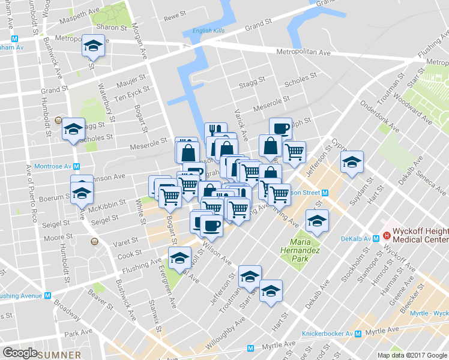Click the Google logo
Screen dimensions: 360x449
pyautogui.click(x=20, y=353)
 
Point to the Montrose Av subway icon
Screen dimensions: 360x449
pyautogui.click(x=77, y=166)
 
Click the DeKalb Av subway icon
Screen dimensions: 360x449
pyautogui.click(x=375, y=238)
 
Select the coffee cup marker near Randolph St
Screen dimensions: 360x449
pyautogui.click(x=280, y=128)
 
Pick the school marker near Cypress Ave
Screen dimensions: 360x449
pyautogui.click(x=352, y=162)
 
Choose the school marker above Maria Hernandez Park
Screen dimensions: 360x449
pyautogui.click(x=317, y=221)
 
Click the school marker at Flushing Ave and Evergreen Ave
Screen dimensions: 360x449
pyautogui.click(x=179, y=259)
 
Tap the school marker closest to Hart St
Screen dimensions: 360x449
pyautogui.click(x=271, y=291)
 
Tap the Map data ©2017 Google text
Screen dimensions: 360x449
pyautogui.click(x=412, y=355)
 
